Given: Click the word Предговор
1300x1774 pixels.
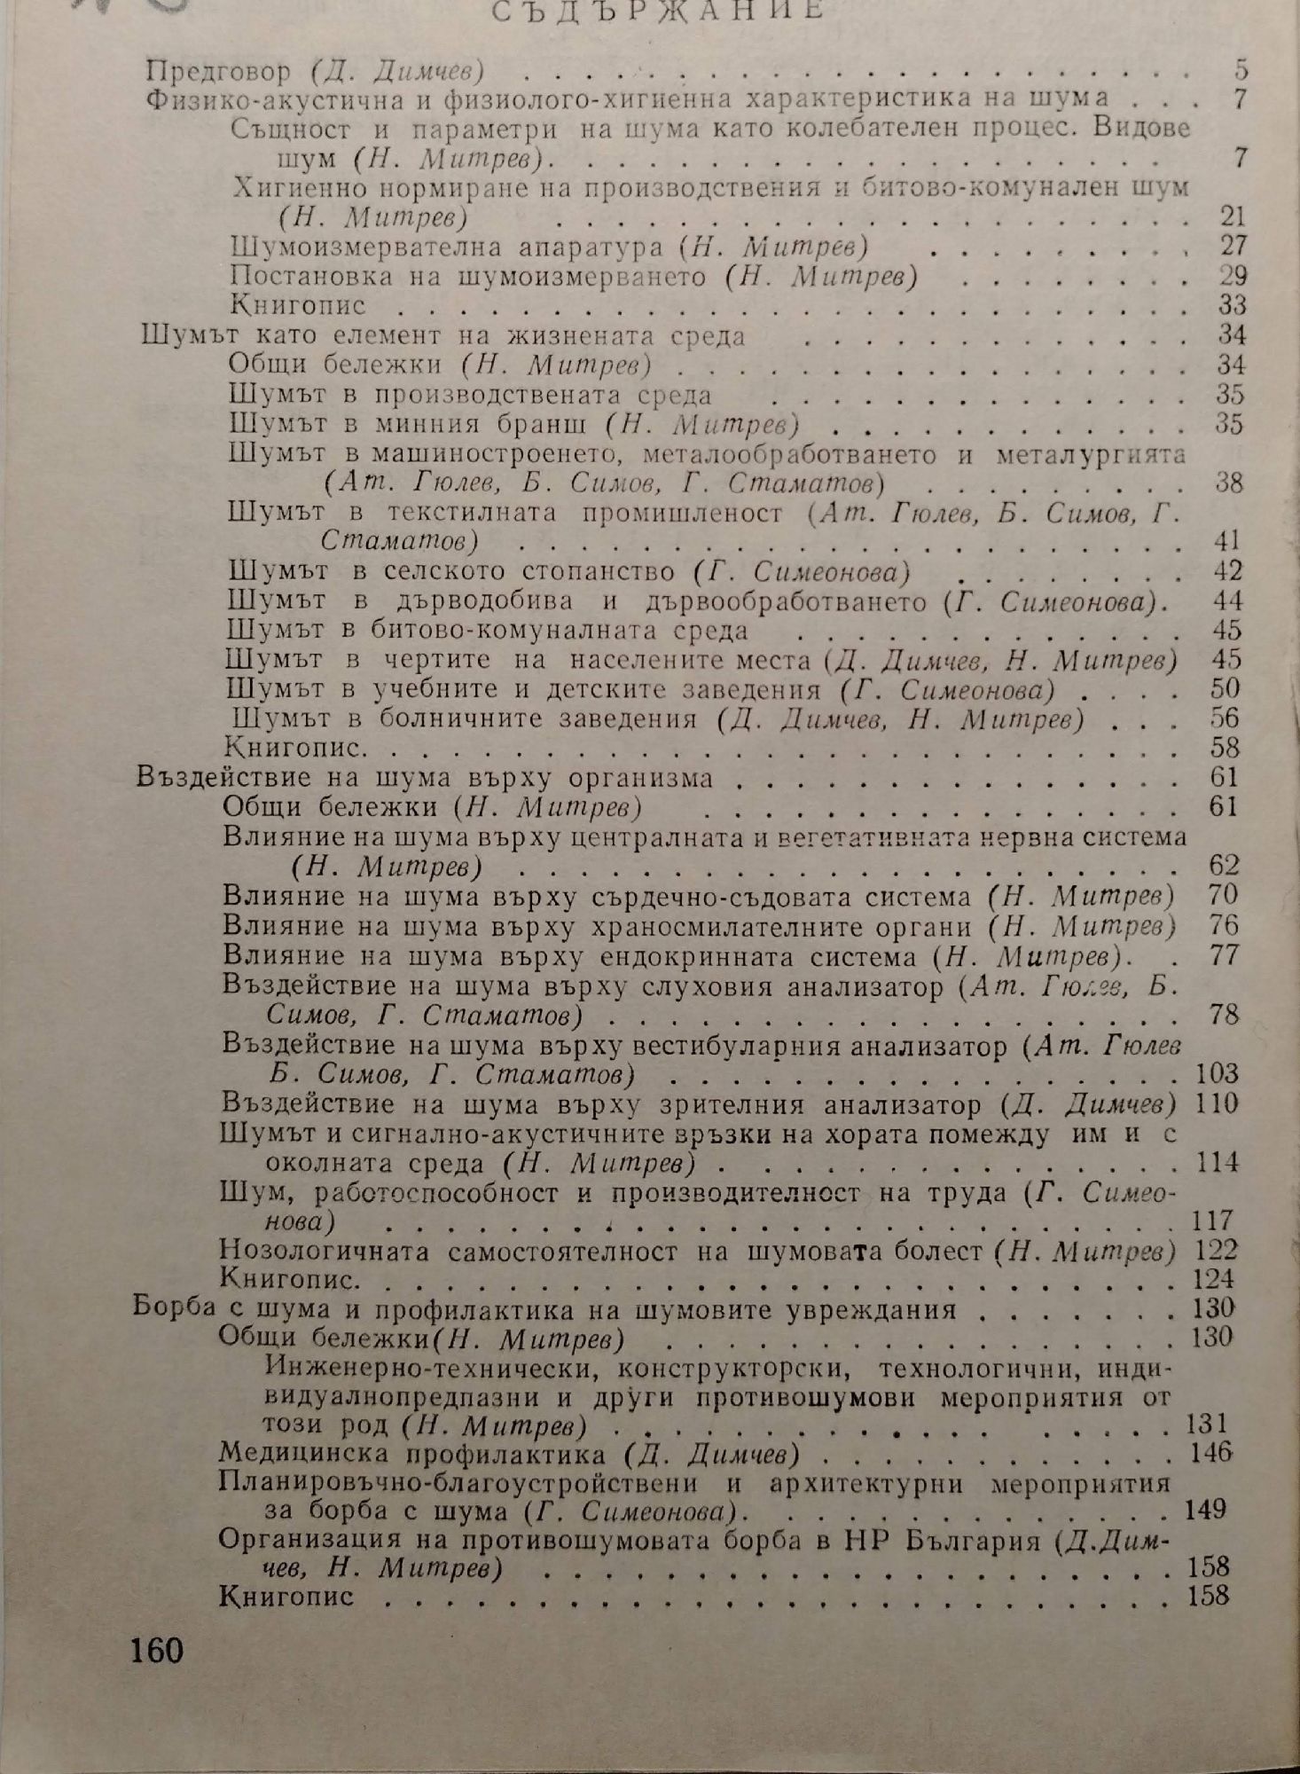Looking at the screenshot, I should (x=217, y=70).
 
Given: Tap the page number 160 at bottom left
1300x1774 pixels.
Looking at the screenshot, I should (x=156, y=1650).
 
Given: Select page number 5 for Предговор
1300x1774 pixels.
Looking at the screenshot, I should (x=1240, y=69).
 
